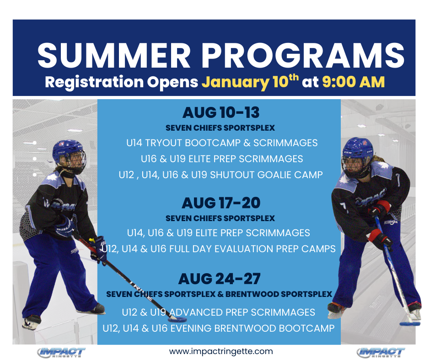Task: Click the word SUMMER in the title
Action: click(114, 56)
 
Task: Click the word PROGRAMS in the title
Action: click(303, 56)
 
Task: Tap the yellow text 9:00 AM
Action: click(354, 82)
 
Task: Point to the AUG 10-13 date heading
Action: click(221, 112)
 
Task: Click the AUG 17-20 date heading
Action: click(221, 203)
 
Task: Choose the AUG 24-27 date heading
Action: click(220, 279)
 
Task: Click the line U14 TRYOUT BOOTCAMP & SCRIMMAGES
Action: click(222, 143)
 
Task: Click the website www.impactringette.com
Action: click(221, 351)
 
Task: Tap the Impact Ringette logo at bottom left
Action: click(61, 352)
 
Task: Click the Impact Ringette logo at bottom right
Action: click(381, 352)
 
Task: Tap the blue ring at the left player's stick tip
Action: click(177, 319)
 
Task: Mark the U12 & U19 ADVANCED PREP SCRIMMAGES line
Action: click(219, 312)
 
